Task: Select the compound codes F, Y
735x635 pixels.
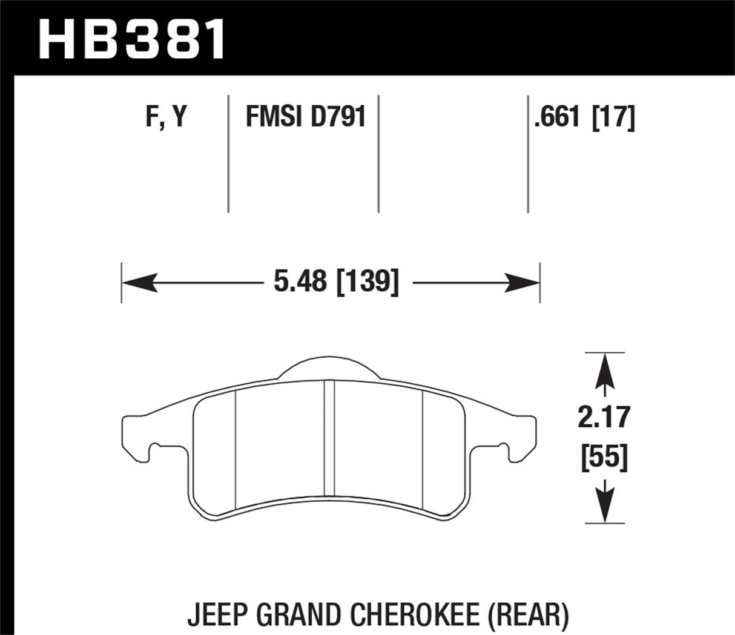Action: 165,116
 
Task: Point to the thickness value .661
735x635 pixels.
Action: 556,116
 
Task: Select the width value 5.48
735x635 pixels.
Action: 300,282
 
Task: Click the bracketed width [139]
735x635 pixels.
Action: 367,282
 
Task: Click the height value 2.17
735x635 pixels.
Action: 604,418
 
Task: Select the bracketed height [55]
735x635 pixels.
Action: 604,458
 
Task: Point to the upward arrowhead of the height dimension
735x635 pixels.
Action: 605,369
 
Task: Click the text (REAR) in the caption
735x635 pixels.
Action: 529,616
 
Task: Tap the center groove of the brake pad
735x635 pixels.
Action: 329,439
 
